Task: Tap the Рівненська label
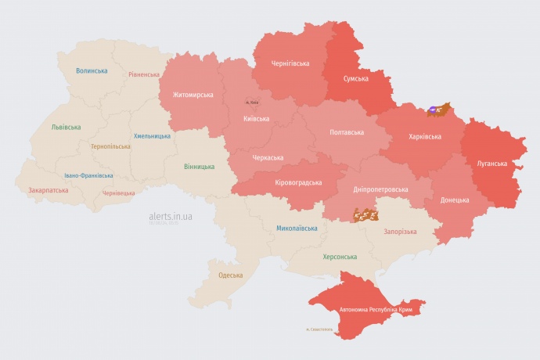point(144,75)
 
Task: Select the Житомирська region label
point(187,95)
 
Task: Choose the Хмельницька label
point(152,135)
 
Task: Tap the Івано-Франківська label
point(88,175)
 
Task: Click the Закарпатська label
point(48,189)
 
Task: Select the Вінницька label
point(199,167)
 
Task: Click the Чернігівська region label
point(290,63)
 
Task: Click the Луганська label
point(492,164)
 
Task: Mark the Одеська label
point(230,275)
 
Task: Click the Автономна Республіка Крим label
point(376,310)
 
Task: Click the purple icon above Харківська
point(433,109)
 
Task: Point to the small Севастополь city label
point(319,329)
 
